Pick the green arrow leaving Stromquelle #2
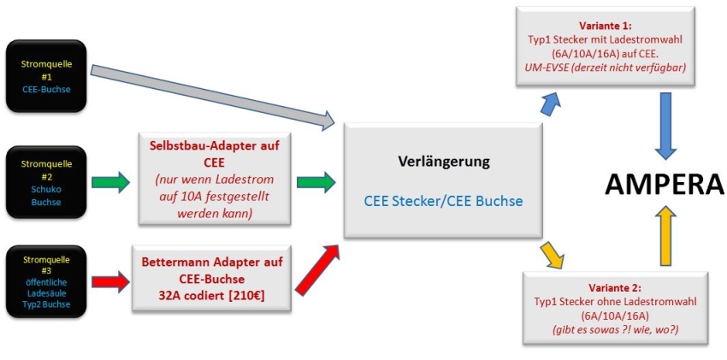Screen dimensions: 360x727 [111, 181]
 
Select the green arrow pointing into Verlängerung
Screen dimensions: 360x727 [316, 181]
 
